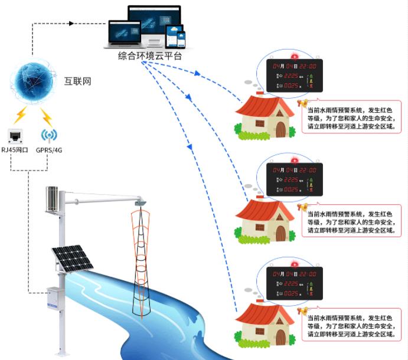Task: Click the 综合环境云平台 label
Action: pyautogui.click(x=150, y=56)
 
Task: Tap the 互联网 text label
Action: pyautogui.click(x=78, y=81)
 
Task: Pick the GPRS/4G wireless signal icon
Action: pyautogui.click(x=49, y=135)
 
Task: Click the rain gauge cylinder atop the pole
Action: pyautogui.click(x=52, y=199)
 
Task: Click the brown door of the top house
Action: pyautogui.click(x=280, y=129)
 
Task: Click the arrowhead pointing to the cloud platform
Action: pyautogui.click(x=72, y=24)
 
